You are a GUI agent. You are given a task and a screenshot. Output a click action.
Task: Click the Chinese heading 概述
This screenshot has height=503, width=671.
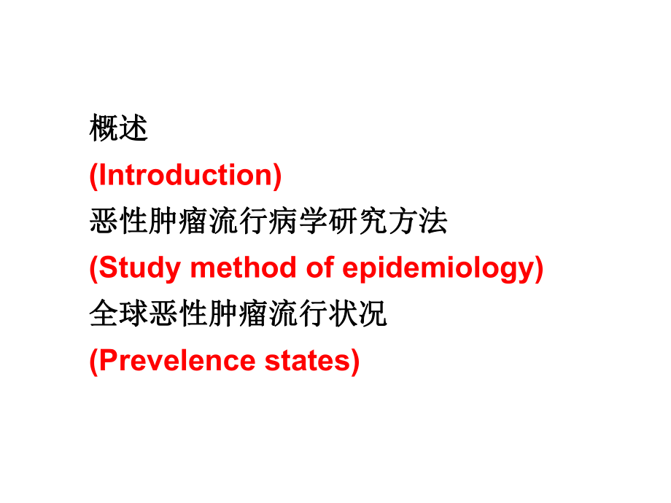119,129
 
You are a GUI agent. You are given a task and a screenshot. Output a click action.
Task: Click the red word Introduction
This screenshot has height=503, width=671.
185,175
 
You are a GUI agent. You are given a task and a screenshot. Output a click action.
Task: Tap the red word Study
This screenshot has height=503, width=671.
139,268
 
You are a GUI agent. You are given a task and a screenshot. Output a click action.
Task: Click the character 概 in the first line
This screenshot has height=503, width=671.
104,129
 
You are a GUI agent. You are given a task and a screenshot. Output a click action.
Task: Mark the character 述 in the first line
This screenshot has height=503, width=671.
134,129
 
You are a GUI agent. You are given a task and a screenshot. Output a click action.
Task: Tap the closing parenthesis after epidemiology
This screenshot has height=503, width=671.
539,268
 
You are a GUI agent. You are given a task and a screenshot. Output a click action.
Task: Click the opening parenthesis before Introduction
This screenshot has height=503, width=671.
93,175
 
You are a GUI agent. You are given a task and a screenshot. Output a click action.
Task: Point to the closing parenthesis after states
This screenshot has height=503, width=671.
354,362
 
